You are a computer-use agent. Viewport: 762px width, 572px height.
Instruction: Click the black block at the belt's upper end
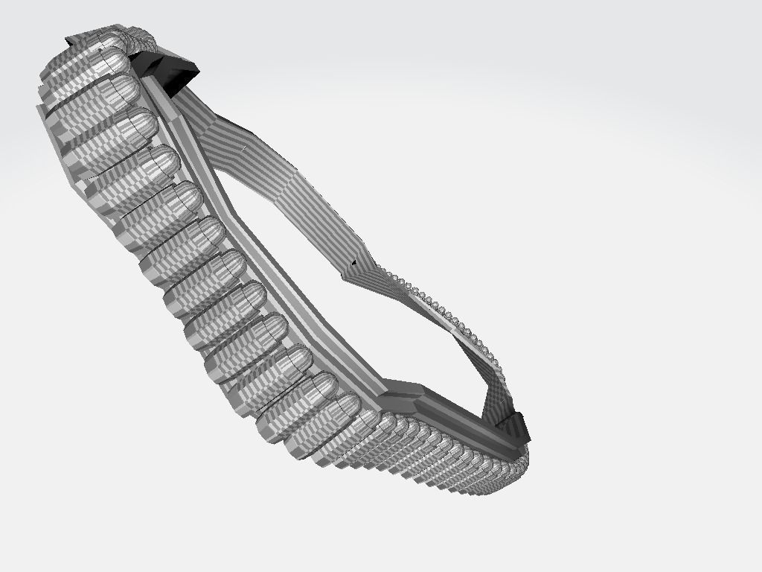[170, 71]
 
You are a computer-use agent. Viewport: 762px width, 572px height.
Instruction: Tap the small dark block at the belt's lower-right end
[513, 428]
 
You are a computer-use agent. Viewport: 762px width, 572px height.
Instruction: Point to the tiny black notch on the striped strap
[355, 262]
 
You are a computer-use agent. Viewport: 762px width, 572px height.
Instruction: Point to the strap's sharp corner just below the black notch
[347, 277]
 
